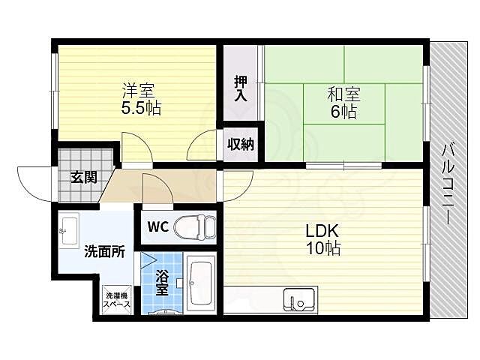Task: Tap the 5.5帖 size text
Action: [x=140, y=108]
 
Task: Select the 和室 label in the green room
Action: [x=343, y=94]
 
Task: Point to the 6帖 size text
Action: [x=343, y=112]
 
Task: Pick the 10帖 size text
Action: [x=322, y=248]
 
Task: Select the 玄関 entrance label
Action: [x=83, y=177]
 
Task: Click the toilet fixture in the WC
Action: [x=196, y=225]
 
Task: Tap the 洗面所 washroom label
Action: [x=104, y=251]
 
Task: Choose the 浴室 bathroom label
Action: [x=162, y=286]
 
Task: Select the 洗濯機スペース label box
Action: [x=116, y=301]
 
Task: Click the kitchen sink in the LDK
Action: [x=300, y=301]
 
